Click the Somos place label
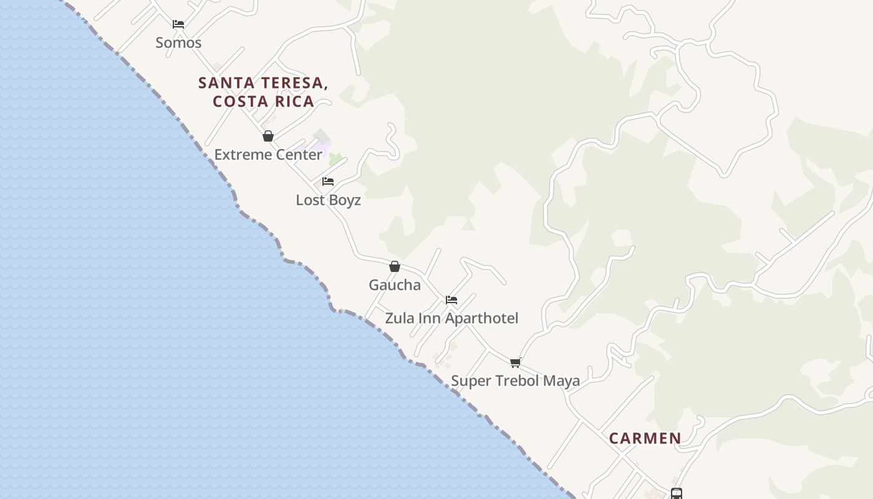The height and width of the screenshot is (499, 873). pos(178,43)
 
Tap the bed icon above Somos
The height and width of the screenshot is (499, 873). pos(178,24)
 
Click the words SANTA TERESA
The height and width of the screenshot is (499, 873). pos(263,83)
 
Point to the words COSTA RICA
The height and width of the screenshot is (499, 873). pos(263,102)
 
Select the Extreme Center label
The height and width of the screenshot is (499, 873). pos(268,155)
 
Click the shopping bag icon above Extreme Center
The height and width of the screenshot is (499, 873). pos(268,136)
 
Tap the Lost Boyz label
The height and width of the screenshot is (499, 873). pos(328,200)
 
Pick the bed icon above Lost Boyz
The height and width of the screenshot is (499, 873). pos(328,182)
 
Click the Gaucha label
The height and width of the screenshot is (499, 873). pos(395,285)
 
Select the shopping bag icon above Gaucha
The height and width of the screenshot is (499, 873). pos(395,266)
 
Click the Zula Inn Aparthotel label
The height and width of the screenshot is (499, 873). pos(451,318)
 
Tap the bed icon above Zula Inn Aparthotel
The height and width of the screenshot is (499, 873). pos(451,300)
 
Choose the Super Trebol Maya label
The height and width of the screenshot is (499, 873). pos(515,380)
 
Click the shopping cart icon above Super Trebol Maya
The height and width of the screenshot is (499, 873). pos(515,362)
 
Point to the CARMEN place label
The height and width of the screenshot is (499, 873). pos(645,438)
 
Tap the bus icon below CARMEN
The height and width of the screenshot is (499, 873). pos(677,493)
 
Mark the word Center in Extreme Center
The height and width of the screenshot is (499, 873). pos(296,155)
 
